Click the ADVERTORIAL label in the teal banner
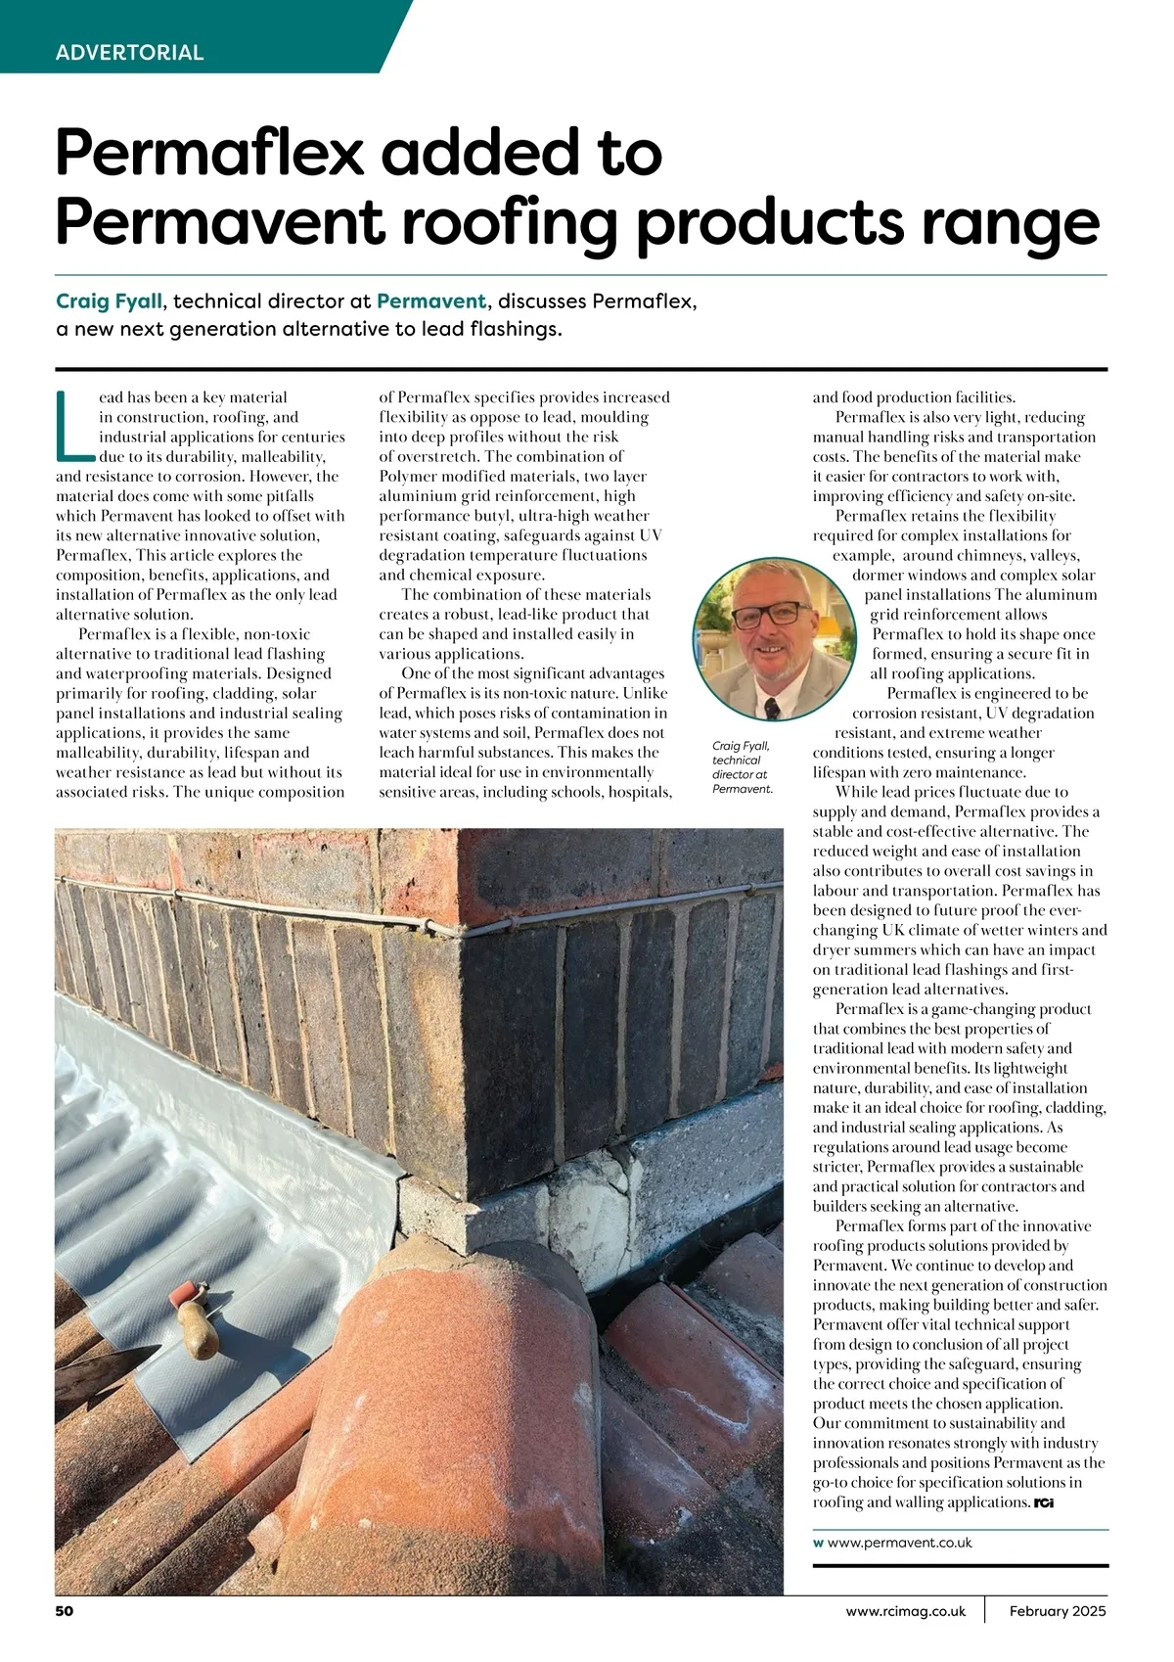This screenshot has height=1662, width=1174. coord(129,53)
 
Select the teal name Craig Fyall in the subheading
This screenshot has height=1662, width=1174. coord(109,300)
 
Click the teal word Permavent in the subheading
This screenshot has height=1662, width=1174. coord(430,300)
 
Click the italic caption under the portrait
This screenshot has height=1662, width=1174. coord(742,767)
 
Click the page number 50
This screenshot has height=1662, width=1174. coord(65,1611)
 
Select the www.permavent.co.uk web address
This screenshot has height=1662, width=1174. coord(899,1543)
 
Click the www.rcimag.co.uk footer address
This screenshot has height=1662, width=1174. coord(906,1611)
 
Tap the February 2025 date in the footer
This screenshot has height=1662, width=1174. coord(1058,1611)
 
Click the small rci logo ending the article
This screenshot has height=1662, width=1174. coord(1044,1502)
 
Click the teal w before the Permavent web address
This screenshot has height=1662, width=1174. coord(818,1543)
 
